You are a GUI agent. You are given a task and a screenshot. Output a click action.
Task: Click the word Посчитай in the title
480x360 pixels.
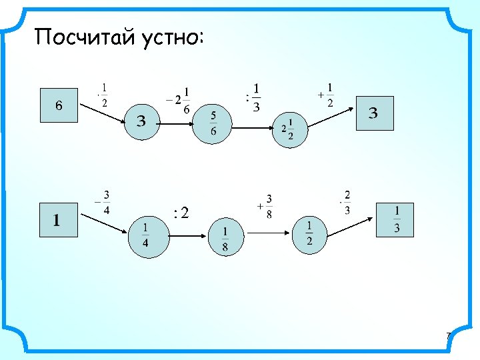coord(85,37)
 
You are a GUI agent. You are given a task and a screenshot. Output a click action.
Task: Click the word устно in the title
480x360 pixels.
coord(170,37)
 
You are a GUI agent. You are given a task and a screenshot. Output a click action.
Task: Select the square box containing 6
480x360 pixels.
coord(59,105)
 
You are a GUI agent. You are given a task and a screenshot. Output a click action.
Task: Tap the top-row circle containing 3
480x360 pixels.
coord(141,121)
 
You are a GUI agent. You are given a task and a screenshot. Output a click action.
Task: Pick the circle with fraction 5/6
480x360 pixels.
coord(213,125)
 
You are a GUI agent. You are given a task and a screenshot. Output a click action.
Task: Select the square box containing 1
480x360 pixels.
coord(58,219)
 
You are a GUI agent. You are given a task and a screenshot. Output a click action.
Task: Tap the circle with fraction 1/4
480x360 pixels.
coord(147,236)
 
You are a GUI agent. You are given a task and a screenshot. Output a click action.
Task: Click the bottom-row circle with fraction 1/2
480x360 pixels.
coord(310,234)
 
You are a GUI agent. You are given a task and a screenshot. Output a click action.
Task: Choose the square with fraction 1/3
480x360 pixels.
coord(395,219)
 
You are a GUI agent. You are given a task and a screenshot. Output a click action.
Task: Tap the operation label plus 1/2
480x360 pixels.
coord(327,95)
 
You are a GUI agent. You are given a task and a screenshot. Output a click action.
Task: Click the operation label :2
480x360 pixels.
coord(181,213)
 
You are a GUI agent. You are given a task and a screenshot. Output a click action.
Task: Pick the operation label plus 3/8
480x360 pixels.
coord(265,206)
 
